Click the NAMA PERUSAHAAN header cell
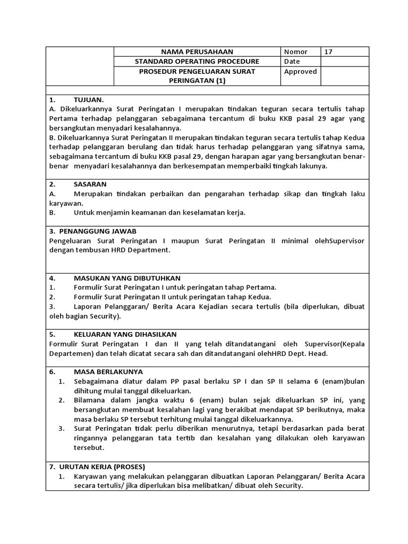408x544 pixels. click(x=197, y=52)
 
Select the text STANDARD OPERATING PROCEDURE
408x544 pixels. click(x=197, y=62)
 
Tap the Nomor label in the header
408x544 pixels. click(x=295, y=52)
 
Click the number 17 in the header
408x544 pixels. click(x=328, y=52)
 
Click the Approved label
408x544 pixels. click(x=300, y=72)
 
